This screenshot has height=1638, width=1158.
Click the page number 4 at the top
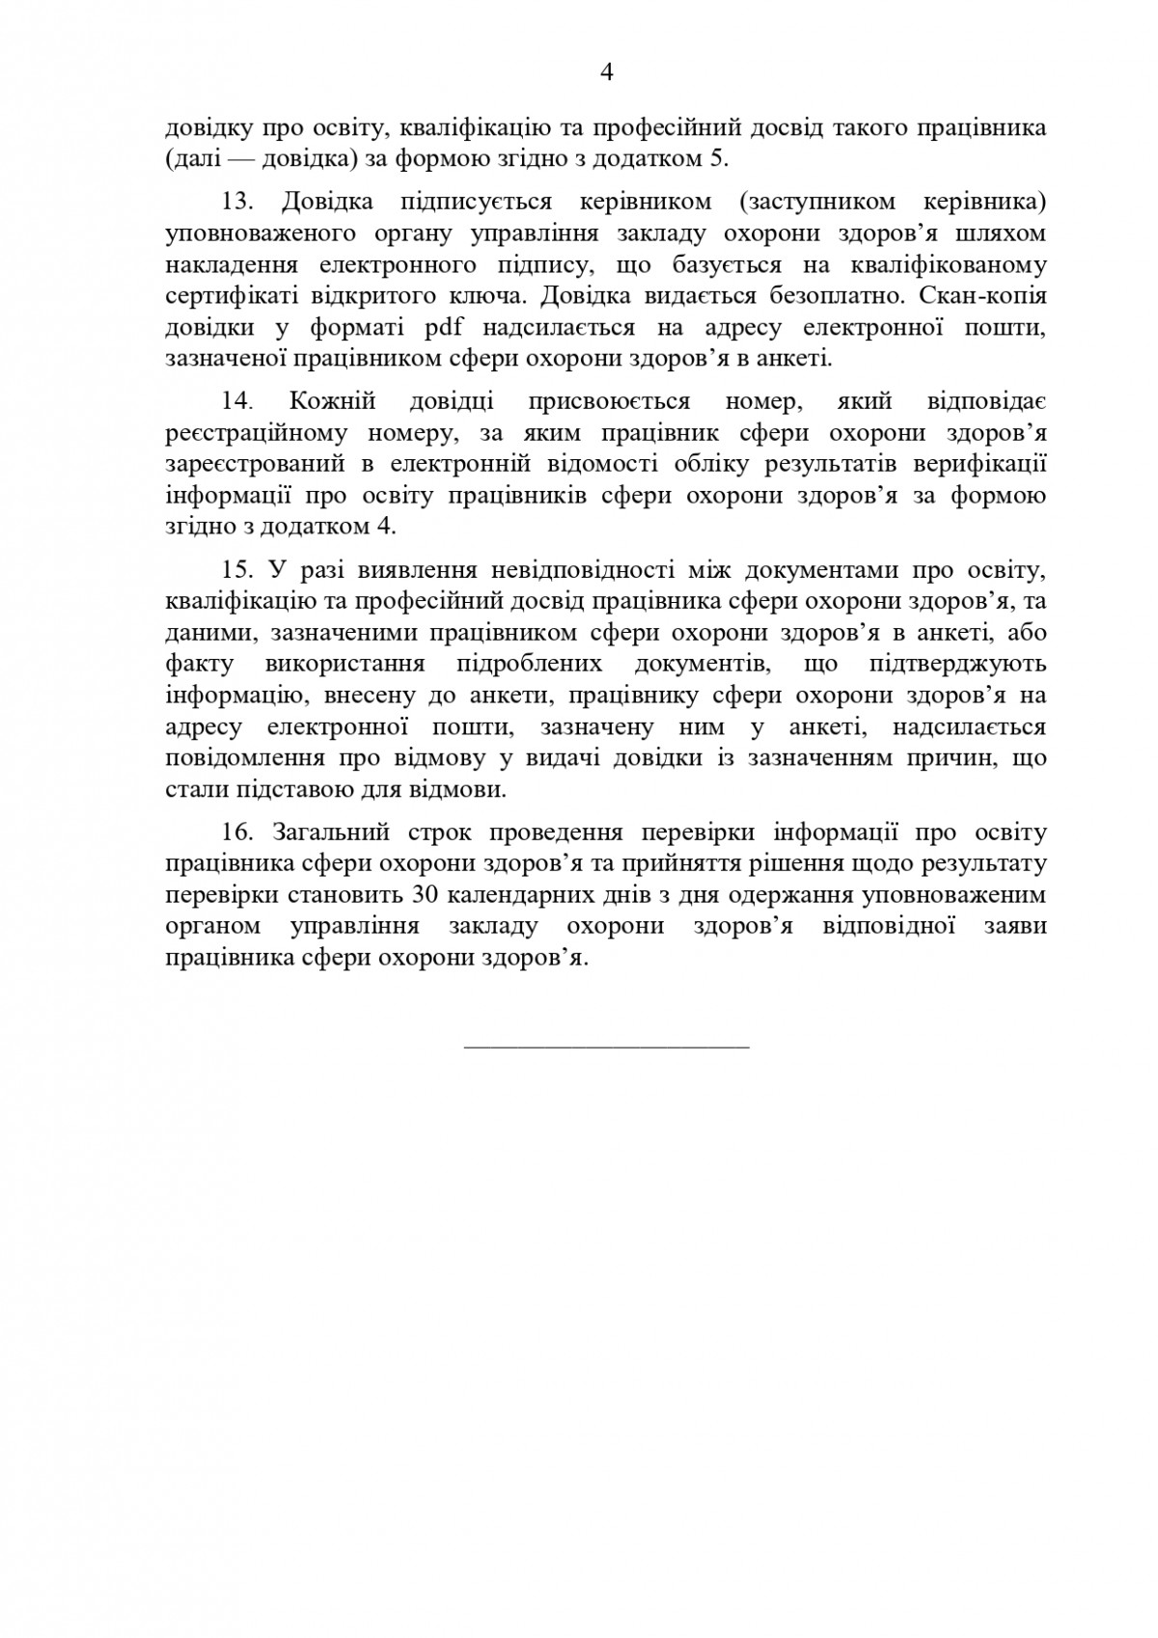pos(607,72)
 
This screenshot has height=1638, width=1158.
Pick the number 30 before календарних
pos(426,894)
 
